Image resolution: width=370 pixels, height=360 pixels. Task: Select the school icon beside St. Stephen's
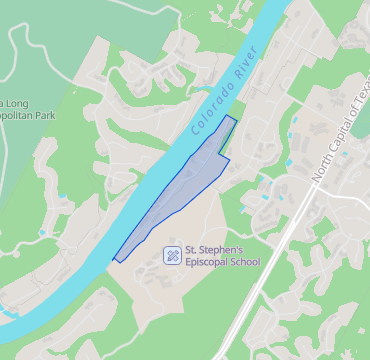pos(173,255)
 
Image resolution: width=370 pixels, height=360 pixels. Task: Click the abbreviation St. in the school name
pos(193,250)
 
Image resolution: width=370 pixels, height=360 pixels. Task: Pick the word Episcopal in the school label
pos(207,263)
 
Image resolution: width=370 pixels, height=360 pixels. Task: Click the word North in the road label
pos(321,167)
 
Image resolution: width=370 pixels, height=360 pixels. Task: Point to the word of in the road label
pos(354,111)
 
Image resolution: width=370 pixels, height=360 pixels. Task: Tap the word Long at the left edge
pos(17,103)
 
